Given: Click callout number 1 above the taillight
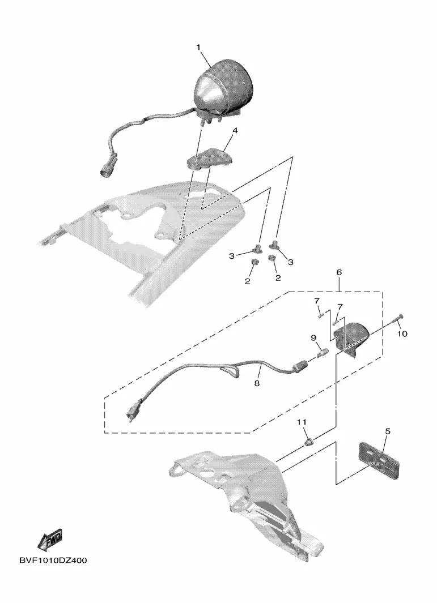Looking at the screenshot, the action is tap(199, 48).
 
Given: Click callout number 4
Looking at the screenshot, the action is tap(235, 130).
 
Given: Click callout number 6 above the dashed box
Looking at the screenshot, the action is tap(339, 272).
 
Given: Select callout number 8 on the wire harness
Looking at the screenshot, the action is tap(257, 383).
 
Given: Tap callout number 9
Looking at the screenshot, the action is tap(314, 337).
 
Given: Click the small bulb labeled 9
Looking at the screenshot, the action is tap(323, 352).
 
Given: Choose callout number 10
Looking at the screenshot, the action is tap(402, 334).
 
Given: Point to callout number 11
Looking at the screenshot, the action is tap(302, 422).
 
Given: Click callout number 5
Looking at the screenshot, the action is tap(388, 431).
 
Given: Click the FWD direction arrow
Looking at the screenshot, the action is tap(50, 540).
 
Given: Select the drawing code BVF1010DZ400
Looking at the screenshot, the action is tap(53, 561).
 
